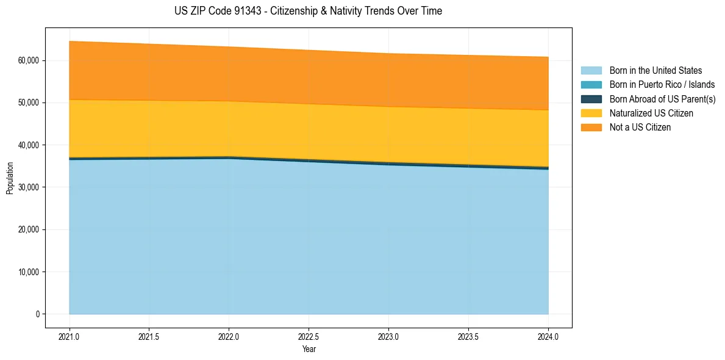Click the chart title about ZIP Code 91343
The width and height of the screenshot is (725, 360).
click(308, 11)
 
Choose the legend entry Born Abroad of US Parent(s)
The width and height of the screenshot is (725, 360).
click(662, 99)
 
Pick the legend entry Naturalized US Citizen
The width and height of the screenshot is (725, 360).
click(651, 113)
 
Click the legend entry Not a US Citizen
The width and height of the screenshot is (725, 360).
click(640, 128)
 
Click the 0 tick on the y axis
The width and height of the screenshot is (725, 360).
click(38, 314)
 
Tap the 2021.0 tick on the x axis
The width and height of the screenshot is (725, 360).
click(70, 336)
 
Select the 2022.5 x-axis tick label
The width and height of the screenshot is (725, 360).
click(309, 336)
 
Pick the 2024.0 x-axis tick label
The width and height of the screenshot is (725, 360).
click(548, 336)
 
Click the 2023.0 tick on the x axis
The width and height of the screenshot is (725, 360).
click(388, 336)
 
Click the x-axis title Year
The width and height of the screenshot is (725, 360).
click(309, 350)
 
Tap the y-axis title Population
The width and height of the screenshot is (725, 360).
click(10, 178)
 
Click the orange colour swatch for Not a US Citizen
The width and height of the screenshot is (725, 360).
click(591, 128)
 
